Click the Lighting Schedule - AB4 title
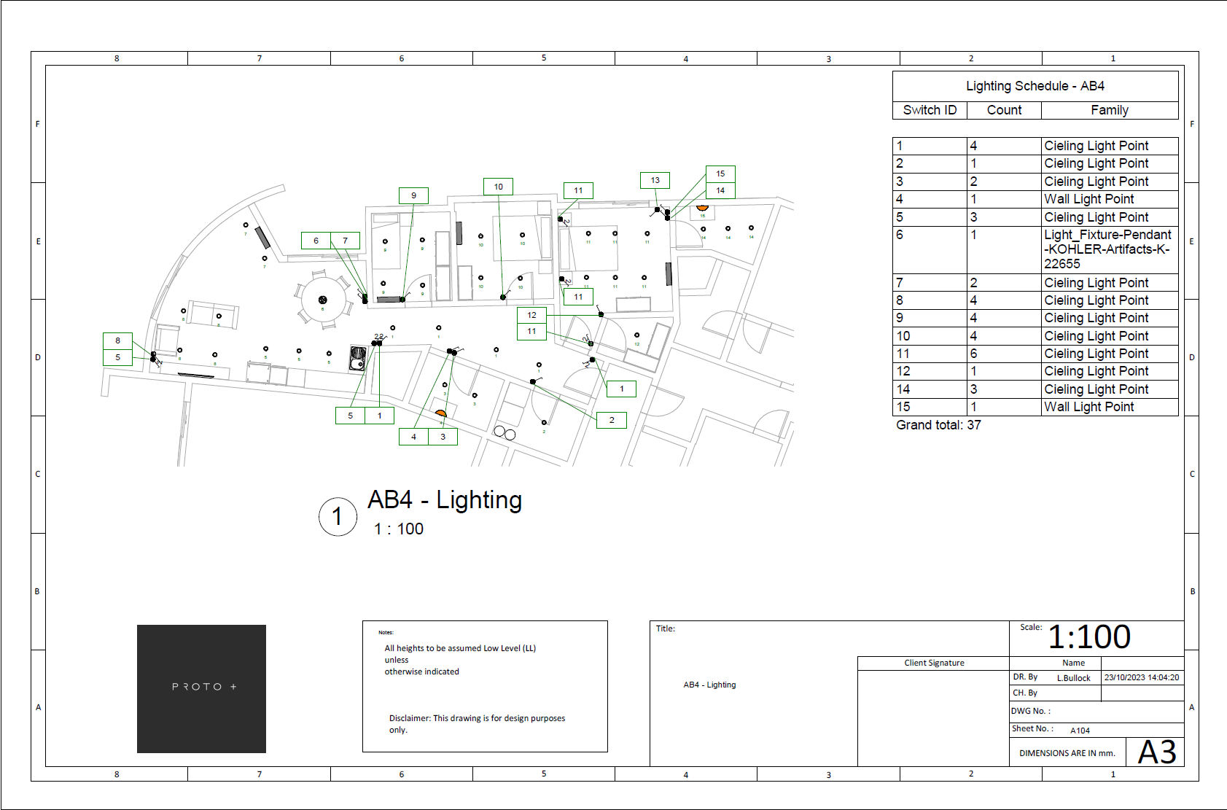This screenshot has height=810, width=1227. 1035,86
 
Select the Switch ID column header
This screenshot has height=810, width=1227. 930,110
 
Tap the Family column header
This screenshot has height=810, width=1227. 1109,110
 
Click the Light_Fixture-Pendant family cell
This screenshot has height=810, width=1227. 1107,249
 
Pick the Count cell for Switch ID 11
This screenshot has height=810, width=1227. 1003,354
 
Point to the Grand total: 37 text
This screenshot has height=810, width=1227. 938,425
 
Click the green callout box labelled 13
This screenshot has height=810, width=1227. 655,180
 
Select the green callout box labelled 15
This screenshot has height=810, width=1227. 720,174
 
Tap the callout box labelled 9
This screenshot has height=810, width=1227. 413,195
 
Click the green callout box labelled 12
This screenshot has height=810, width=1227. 531,315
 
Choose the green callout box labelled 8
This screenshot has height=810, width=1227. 117,340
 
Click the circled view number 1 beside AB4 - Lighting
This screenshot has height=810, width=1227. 338,517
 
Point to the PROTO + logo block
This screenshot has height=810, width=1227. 201,688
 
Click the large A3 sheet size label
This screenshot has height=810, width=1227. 1157,752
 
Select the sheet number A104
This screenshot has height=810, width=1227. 1080,731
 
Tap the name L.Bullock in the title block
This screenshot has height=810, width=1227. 1073,678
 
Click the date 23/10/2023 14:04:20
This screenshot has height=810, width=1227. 1141,677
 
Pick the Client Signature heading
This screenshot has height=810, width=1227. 934,663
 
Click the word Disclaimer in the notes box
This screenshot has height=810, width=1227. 409,718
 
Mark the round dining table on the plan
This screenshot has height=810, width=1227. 323,300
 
